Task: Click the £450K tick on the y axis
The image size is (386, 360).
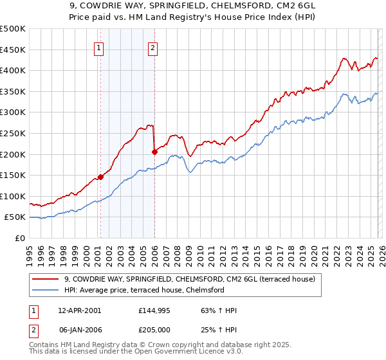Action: [x=13, y=50]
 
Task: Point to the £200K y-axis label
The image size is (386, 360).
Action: [x=13, y=154]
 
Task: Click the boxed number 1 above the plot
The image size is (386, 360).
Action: [x=100, y=47]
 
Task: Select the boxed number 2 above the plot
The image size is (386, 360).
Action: [x=153, y=47]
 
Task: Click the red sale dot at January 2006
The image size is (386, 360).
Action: [x=154, y=152]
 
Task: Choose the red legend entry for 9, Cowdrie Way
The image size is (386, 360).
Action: [x=189, y=279]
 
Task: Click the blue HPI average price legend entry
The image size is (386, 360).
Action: [x=143, y=290]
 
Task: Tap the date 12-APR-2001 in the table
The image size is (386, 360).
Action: [x=80, y=310]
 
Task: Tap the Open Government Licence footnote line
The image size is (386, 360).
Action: [x=136, y=353]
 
